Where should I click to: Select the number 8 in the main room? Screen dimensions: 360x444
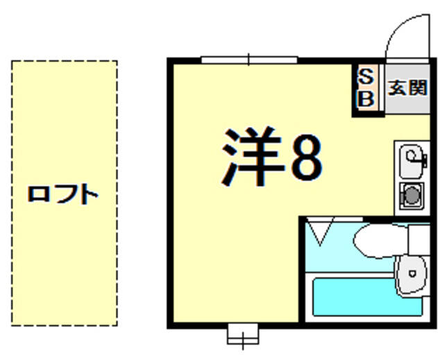(x=306, y=158)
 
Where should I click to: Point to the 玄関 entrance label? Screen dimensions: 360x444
(x=407, y=88)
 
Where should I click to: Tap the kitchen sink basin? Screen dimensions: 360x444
(x=411, y=158)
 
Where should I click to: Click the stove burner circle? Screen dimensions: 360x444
(x=411, y=196)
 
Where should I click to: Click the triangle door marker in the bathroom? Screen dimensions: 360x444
(x=320, y=232)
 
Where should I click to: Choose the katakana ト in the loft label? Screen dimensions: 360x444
(x=88, y=194)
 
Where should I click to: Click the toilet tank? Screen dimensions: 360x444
(x=420, y=239)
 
